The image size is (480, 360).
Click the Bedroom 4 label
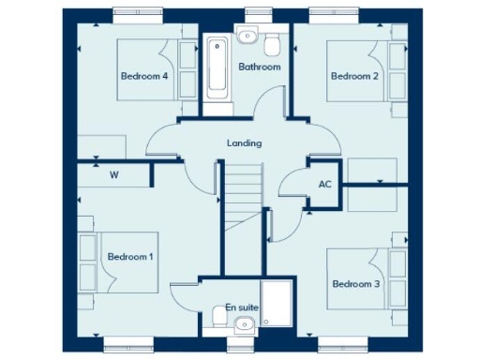click(143, 76)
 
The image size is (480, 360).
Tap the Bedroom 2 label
click(353, 76)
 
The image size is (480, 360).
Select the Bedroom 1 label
click(130, 256)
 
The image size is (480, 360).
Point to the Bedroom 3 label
click(355, 283)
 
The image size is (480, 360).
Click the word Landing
click(244, 143)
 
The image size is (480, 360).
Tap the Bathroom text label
click(259, 67)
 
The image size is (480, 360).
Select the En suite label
click(241, 307)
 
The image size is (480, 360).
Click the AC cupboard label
click(325, 184)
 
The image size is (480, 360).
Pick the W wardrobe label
click(113, 174)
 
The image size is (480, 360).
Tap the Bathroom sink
click(247, 37)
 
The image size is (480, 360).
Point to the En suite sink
click(245, 324)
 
